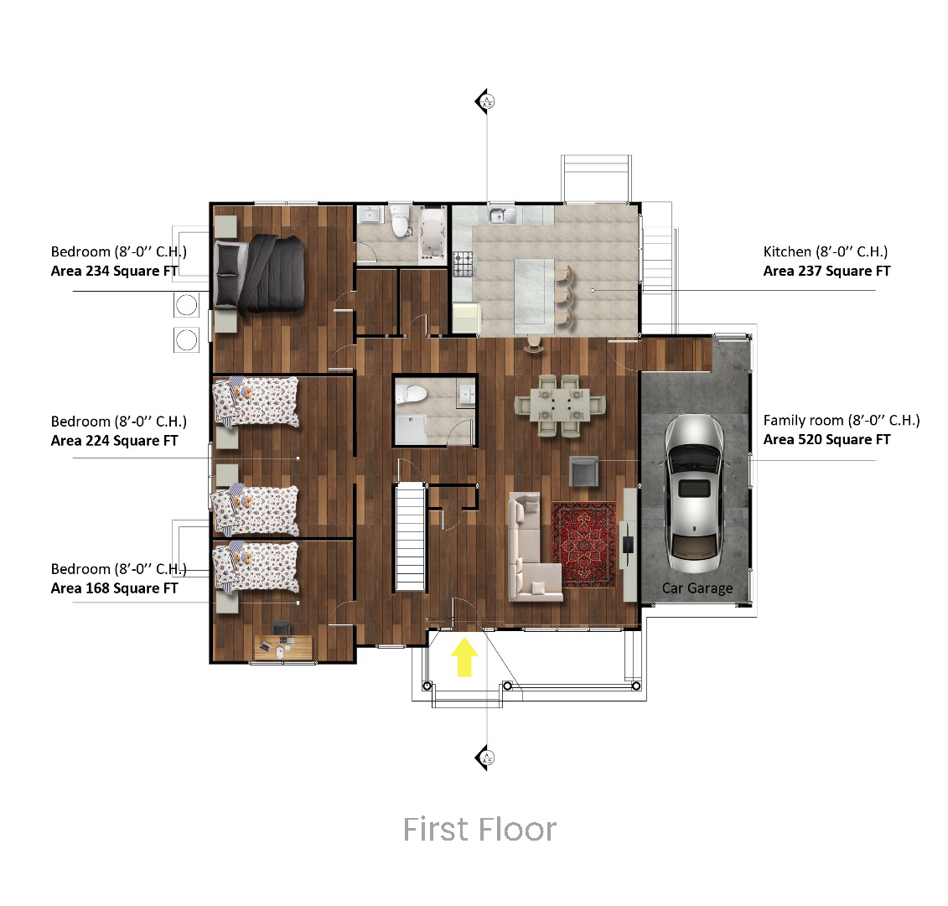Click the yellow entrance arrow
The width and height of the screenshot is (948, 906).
(x=464, y=657)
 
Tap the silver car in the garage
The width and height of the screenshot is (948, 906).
(x=695, y=494)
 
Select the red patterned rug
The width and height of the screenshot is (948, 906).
(x=584, y=545)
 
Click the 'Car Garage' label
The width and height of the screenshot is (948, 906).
(x=697, y=588)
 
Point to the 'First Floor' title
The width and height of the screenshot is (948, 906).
(x=479, y=829)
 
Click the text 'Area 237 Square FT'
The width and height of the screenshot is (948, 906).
(x=826, y=271)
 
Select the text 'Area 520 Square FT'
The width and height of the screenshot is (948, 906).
(x=826, y=439)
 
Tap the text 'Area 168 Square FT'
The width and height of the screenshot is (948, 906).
(x=114, y=588)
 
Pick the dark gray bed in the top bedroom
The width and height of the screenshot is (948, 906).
(x=260, y=274)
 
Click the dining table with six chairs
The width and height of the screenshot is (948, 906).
(x=560, y=406)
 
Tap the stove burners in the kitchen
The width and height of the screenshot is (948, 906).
(x=464, y=264)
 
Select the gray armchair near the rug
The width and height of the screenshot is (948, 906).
(x=584, y=471)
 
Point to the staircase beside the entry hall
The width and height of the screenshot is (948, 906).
(x=411, y=536)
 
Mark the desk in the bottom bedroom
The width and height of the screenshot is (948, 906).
(x=283, y=647)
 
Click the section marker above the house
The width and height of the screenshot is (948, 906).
(x=484, y=101)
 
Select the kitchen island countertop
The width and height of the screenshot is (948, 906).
(x=534, y=296)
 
